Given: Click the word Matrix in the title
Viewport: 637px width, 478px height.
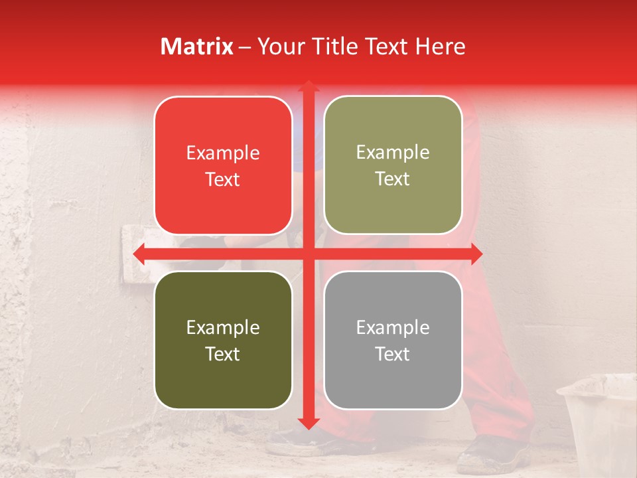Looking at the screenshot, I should pyautogui.click(x=197, y=46).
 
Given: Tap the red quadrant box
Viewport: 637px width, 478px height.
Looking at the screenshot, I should pyautogui.click(x=223, y=165).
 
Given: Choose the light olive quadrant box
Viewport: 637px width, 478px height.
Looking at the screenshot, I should pyautogui.click(x=393, y=165).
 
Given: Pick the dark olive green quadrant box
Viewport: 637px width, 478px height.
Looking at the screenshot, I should pyautogui.click(x=223, y=340).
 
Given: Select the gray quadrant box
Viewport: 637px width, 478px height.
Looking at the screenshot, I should pyautogui.click(x=393, y=340).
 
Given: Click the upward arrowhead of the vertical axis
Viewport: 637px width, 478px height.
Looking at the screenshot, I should pyautogui.click(x=308, y=86).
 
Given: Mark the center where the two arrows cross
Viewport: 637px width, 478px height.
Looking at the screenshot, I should pyautogui.click(x=308, y=254).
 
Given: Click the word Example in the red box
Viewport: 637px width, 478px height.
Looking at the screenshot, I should pyautogui.click(x=223, y=153).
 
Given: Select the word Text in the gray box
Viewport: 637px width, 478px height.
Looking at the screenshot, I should pyautogui.click(x=393, y=354).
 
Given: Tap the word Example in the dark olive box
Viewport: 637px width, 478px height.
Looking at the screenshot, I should pyautogui.click(x=223, y=327).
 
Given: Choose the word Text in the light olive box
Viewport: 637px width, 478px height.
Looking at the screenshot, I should pyautogui.click(x=393, y=179).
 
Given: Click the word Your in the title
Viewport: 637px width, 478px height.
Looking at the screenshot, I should pyautogui.click(x=279, y=46).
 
